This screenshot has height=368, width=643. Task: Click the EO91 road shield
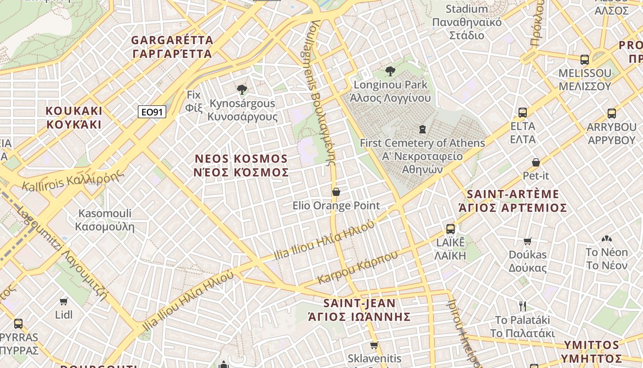click(152, 112)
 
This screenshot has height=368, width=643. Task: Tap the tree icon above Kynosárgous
click(242, 89)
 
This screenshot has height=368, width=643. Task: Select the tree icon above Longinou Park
click(390, 71)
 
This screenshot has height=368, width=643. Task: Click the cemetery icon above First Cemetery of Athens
click(423, 129)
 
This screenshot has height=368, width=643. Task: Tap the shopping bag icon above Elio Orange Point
click(336, 192)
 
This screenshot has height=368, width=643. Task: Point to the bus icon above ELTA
click(523, 112)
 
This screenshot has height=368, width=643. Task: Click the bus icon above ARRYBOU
click(611, 113)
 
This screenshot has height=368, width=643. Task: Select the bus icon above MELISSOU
click(585, 60)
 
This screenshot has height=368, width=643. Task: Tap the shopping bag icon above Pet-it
click(536, 162)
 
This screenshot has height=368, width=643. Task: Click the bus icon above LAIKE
click(451, 229)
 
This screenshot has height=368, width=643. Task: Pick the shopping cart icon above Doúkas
click(528, 241)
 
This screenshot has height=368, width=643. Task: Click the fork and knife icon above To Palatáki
click(522, 306)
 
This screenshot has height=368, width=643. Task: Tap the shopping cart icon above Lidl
click(64, 301)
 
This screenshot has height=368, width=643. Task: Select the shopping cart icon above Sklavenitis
click(374, 345)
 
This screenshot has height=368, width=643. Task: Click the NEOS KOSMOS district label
click(242, 166)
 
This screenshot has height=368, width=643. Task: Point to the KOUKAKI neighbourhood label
click(74, 118)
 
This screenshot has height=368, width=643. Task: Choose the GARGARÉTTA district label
click(172, 47)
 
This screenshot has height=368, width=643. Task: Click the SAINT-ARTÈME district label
click(513, 201)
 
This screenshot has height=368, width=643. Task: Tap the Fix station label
click(194, 101)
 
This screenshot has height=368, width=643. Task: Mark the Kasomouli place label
click(105, 220)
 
